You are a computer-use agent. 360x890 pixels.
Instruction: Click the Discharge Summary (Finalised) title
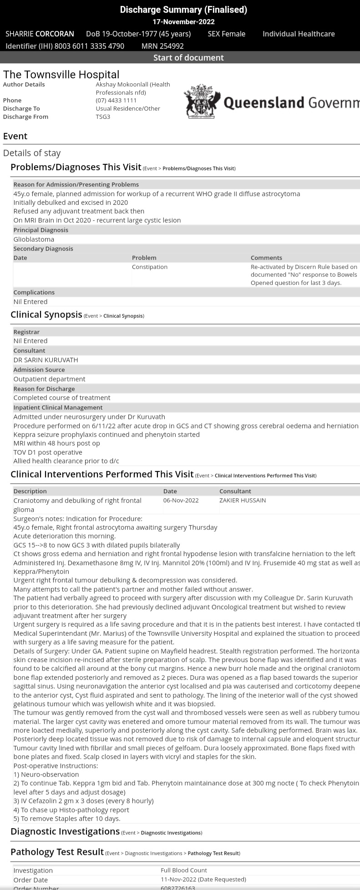pos(183,10)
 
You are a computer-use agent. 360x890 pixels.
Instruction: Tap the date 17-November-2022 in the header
pos(183,22)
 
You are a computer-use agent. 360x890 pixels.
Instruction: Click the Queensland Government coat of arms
pos(202,101)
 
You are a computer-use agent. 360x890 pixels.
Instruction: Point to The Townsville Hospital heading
pos(61,75)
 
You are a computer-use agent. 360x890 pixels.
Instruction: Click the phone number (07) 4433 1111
pos(116,100)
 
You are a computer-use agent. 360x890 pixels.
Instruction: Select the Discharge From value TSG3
pos(103,116)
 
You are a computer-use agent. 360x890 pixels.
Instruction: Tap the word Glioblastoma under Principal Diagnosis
pos(34,239)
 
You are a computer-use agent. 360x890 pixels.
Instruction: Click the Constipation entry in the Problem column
pos(150,267)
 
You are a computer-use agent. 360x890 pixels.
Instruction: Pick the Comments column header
pos(266,258)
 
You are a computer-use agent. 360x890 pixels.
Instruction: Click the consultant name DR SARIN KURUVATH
pos(46,360)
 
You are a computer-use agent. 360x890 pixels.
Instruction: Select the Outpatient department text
pos(49,379)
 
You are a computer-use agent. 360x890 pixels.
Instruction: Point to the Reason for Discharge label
pos(44,389)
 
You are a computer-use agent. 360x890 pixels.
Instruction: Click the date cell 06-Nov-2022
pos(181,501)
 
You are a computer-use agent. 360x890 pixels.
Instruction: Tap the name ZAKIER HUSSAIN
pos(243,501)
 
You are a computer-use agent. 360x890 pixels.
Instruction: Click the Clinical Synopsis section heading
pos(46,315)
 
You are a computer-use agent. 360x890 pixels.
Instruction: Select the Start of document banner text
pos(188,58)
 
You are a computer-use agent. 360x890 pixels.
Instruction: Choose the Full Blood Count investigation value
pos(184,870)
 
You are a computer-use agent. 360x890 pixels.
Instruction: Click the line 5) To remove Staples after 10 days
pos(67,819)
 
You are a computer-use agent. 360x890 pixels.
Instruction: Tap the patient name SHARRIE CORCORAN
pos(40,34)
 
